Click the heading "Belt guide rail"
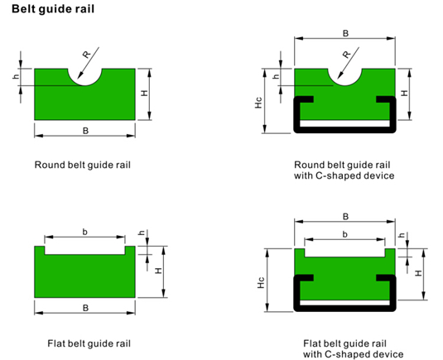point(53,9)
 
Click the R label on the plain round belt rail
point(87,54)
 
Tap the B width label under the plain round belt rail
point(85,131)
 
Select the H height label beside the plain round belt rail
point(144,93)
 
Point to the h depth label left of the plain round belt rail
point(17,76)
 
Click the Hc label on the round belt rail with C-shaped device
point(258,103)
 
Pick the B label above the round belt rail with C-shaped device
point(345,34)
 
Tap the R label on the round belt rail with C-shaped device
point(347,54)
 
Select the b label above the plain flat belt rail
point(84,232)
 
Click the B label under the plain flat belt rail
point(85,308)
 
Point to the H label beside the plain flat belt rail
point(159,271)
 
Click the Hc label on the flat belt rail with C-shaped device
point(261,283)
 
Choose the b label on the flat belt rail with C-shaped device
point(344,234)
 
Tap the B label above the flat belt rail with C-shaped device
point(345,217)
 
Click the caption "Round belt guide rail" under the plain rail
point(83,165)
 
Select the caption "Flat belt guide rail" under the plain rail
point(89,343)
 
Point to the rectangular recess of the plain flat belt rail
point(84,250)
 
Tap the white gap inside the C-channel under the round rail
point(344,123)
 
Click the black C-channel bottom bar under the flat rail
point(344,309)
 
